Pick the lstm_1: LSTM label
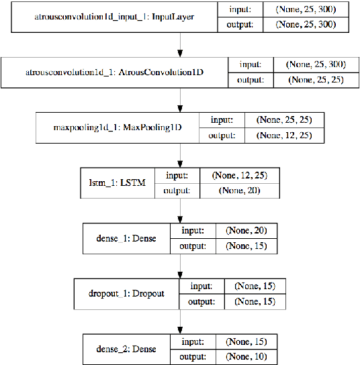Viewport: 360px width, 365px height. click(117, 181)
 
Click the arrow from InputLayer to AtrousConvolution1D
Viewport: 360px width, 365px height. click(180, 46)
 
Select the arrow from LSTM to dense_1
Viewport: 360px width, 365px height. click(180, 210)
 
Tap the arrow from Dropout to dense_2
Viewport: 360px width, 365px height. click(180, 320)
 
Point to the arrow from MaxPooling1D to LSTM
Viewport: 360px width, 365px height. click(180, 155)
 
